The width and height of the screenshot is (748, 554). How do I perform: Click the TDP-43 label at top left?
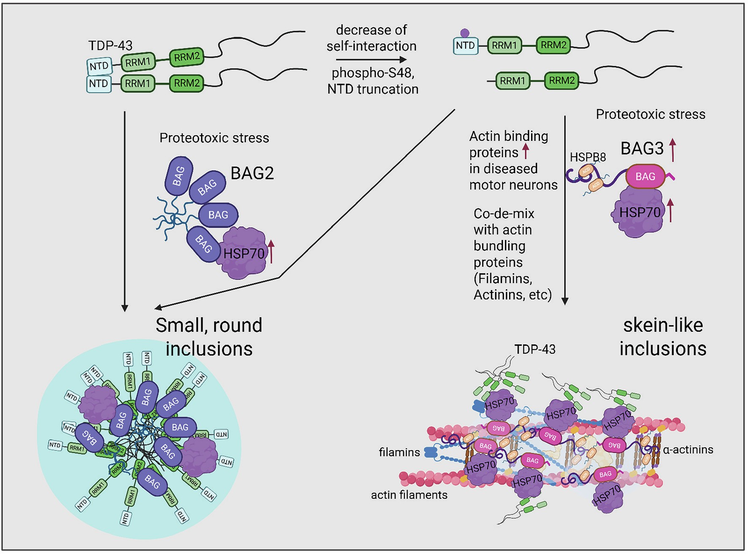(110, 45)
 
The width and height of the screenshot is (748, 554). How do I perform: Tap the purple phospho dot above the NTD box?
(465, 33)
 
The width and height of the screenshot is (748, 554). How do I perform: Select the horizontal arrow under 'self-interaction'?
(371, 60)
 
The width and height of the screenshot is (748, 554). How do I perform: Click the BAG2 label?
(252, 173)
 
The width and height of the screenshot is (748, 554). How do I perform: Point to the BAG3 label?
(642, 149)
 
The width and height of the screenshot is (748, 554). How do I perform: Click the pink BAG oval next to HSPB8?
(645, 177)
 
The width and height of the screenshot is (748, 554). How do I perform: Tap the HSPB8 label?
(588, 157)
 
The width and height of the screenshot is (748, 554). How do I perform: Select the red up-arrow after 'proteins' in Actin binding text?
(526, 151)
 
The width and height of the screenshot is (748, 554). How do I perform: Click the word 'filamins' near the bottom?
(399, 452)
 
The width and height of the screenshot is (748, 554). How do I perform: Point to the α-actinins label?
(688, 449)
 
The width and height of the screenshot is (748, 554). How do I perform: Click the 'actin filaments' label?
(409, 495)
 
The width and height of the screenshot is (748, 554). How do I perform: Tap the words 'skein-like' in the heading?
(663, 325)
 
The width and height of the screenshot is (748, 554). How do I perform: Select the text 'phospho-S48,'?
(373, 73)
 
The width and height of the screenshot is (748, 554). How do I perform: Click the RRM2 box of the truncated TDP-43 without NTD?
(561, 80)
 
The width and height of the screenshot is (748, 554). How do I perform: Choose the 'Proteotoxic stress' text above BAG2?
(214, 138)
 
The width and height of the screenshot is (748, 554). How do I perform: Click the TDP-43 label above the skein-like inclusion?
(535, 349)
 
